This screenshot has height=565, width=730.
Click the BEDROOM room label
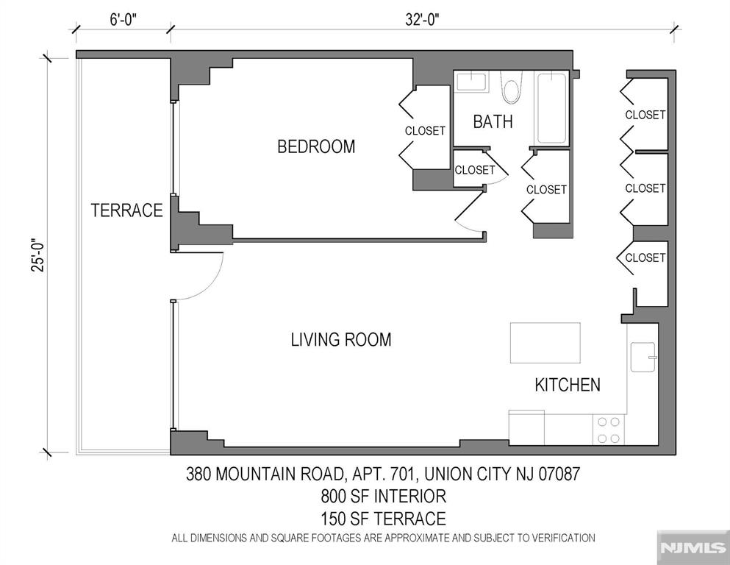[315, 146]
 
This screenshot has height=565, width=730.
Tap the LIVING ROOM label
[340, 340]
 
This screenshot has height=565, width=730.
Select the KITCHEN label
[567, 384]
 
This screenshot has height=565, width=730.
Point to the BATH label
[493, 122]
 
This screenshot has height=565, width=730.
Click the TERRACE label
[126, 210]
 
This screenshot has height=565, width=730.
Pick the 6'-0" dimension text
[124, 20]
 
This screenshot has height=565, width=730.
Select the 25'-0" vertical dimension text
[37, 254]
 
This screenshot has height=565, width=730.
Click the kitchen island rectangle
[545, 342]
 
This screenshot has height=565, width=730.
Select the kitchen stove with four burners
[608, 430]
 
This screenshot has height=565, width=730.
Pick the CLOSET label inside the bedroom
[425, 131]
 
